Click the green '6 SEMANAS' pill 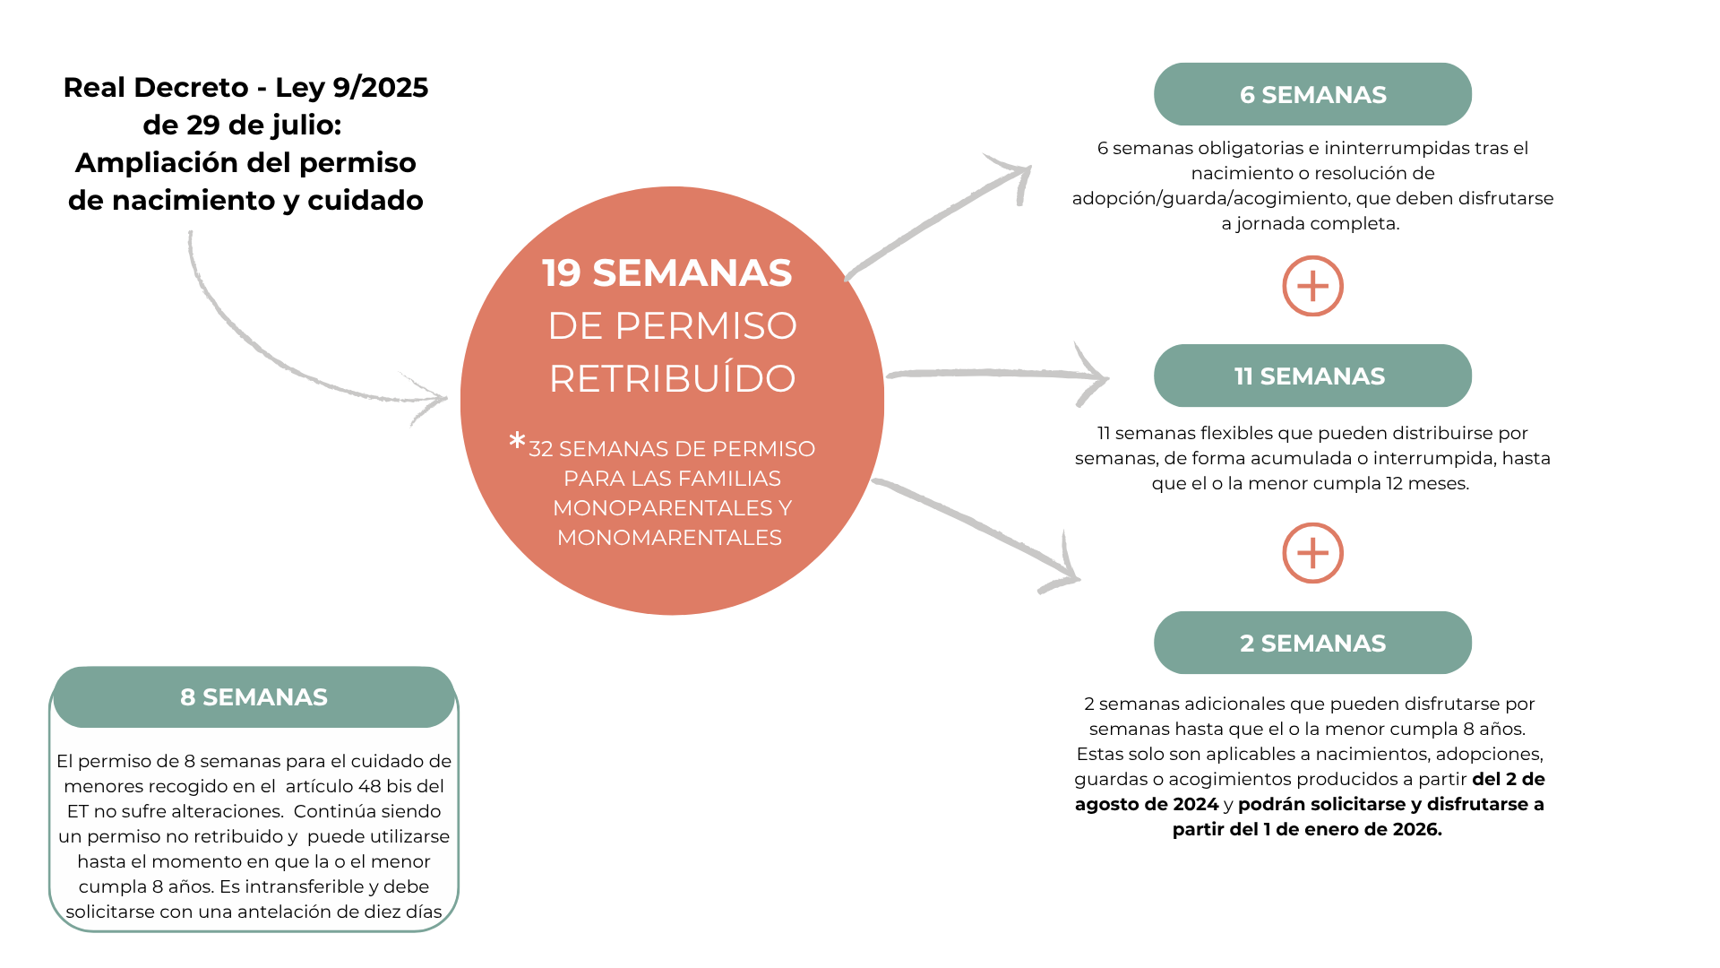(1312, 94)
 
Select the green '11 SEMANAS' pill (1312, 376)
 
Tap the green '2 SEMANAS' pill (1312, 643)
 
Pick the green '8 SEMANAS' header (254, 696)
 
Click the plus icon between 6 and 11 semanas (1312, 287)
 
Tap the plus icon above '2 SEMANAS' (1312, 553)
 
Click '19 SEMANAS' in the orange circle (667, 273)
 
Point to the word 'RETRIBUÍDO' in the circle (672, 379)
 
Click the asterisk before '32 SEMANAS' (517, 442)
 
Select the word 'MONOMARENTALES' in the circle (669, 538)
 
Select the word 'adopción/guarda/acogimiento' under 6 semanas (1210, 199)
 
